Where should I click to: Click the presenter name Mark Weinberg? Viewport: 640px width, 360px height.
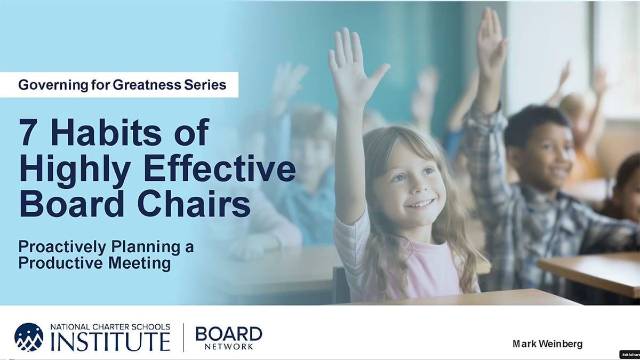click(547, 344)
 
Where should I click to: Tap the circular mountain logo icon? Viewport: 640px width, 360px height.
click(29, 337)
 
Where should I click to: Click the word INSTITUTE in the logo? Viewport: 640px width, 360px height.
click(110, 342)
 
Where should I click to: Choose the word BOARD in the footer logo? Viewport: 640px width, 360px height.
click(229, 334)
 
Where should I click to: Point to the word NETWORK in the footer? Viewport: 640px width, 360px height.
click(229, 347)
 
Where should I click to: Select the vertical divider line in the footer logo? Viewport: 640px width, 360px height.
click(183, 338)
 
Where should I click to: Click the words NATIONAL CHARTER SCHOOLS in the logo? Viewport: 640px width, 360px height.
click(110, 327)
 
